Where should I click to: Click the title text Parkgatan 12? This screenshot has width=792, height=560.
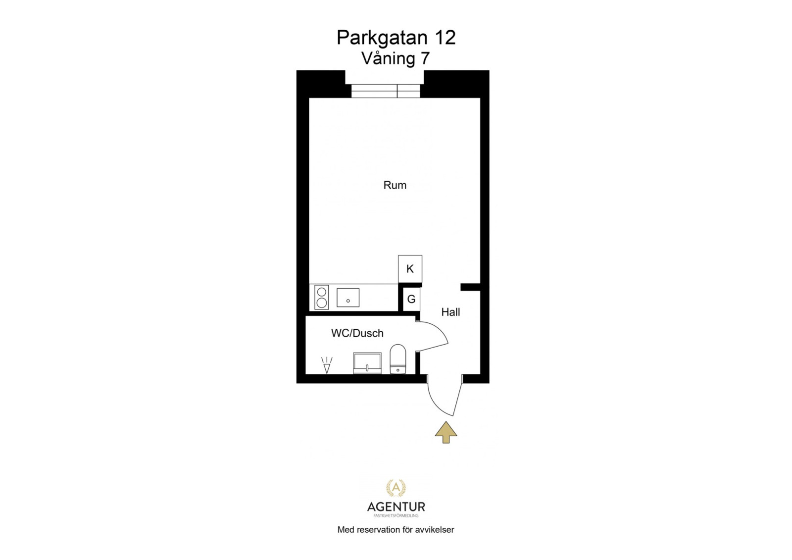(396, 38)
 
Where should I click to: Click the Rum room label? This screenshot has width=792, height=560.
(395, 185)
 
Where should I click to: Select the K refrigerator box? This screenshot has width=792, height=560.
(410, 269)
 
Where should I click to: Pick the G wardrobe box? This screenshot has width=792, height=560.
(411, 299)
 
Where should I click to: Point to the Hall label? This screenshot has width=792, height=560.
(451, 312)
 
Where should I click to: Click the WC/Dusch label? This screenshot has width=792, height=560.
(357, 333)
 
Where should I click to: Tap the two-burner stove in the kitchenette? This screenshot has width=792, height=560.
(322, 297)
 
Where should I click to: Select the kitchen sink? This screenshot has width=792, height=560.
(348, 297)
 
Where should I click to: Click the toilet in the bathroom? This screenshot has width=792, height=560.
(398, 358)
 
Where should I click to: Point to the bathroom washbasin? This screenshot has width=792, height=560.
(367, 363)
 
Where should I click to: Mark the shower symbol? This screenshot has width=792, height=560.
(327, 365)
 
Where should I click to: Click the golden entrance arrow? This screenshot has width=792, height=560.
(446, 432)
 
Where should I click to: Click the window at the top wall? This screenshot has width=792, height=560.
(386, 91)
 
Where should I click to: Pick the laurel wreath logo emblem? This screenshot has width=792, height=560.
(396, 488)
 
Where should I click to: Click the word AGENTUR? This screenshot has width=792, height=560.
(396, 507)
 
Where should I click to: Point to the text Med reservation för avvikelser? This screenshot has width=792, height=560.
(396, 530)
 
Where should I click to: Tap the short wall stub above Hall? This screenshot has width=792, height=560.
(470, 287)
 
